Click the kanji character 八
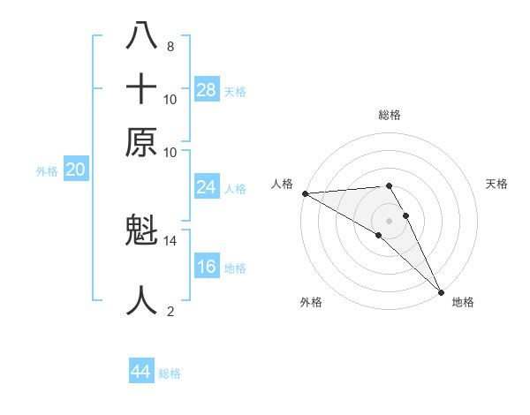(142, 36)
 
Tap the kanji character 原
(142, 141)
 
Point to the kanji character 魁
(142, 231)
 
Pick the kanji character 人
(142, 300)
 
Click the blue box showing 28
(207, 90)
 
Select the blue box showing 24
(207, 187)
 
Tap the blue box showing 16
(207, 267)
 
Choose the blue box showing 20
(75, 170)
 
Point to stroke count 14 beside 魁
(170, 240)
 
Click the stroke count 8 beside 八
(170, 46)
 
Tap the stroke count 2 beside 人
(170, 311)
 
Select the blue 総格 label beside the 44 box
(170, 373)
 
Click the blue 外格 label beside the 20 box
(47, 172)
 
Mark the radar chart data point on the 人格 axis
(305, 193)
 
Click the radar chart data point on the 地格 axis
(440, 291)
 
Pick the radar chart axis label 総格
(390, 115)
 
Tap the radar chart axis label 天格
(496, 184)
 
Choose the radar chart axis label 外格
(311, 302)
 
